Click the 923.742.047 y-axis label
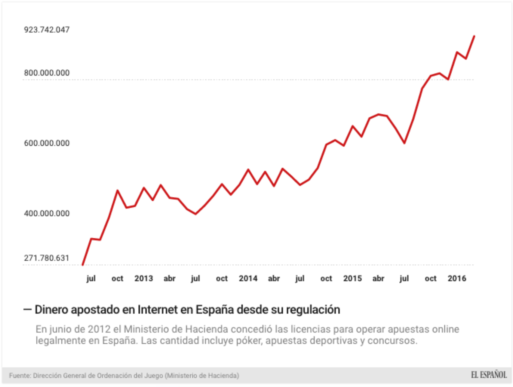(x=47, y=30)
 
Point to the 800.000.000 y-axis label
(x=47, y=73)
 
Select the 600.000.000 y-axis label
(x=47, y=143)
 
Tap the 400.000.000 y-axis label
(x=47, y=213)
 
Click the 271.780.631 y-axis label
(x=47, y=258)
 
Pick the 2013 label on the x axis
(x=143, y=279)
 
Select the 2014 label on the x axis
(x=248, y=279)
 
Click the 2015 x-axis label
(x=352, y=279)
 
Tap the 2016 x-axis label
(x=456, y=279)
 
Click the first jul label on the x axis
(x=91, y=279)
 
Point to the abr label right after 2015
(x=378, y=279)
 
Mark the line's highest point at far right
(x=474, y=36)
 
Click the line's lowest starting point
(x=83, y=265)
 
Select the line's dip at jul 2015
(x=404, y=143)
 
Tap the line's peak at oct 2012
(x=117, y=190)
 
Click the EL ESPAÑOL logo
(x=489, y=375)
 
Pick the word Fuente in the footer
(x=20, y=376)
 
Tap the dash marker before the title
(x=27, y=309)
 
